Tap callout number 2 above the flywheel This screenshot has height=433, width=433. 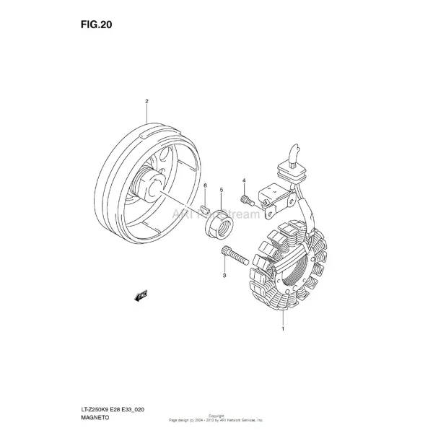click(x=146, y=102)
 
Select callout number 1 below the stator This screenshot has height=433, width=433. click(x=282, y=329)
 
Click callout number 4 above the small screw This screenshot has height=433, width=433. click(x=244, y=180)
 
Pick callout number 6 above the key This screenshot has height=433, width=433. click(x=205, y=185)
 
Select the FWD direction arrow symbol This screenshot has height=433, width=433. click(x=141, y=294)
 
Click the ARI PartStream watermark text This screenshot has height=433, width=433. click(x=209, y=214)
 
